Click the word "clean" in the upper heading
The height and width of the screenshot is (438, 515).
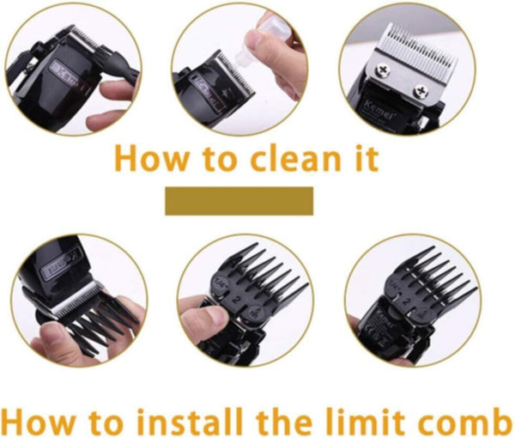pyautogui.click(x=282, y=160)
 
